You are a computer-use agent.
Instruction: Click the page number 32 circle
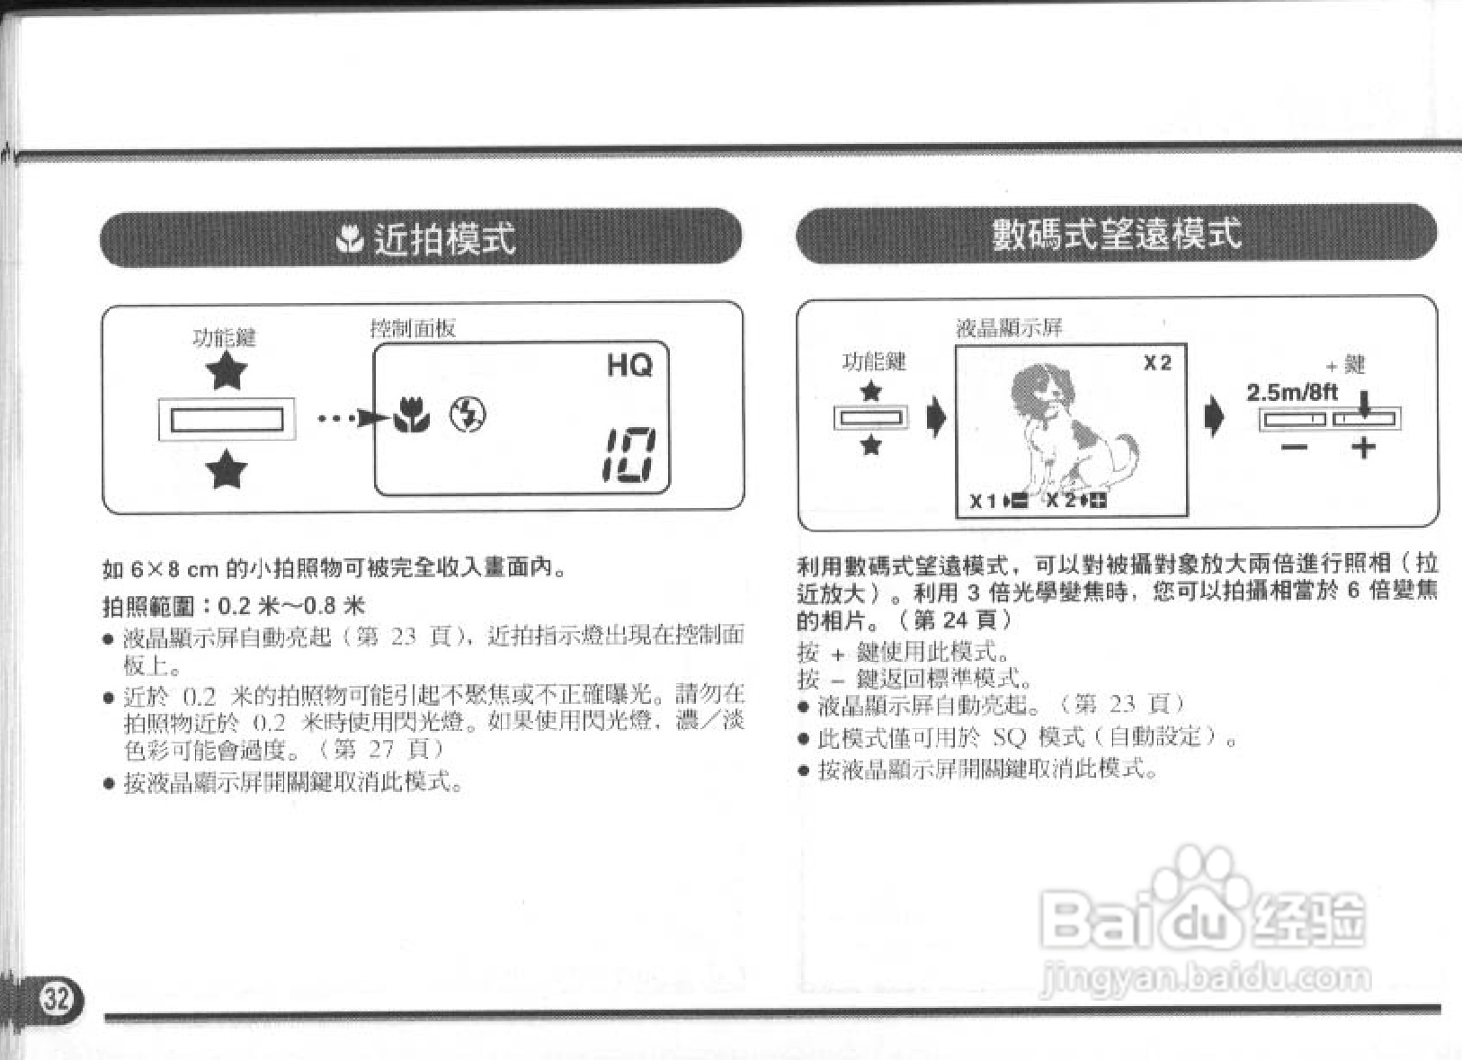tap(56, 998)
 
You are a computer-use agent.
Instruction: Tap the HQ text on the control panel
tap(629, 365)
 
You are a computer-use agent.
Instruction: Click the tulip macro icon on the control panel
tap(412, 415)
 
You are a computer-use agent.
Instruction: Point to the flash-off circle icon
tap(468, 414)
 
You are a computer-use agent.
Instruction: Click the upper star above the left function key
tap(226, 371)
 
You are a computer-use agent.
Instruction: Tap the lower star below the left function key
tap(226, 469)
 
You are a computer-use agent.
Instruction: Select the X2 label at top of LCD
tap(1157, 363)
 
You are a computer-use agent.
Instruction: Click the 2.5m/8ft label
tap(1291, 392)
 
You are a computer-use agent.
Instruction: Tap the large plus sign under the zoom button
tap(1363, 447)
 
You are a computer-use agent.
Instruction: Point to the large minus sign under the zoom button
tap(1295, 447)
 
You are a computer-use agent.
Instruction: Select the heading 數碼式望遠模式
tap(1116, 234)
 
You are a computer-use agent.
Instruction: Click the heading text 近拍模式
tap(444, 239)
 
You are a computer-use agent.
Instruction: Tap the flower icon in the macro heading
tap(349, 239)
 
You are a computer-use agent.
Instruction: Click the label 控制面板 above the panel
tap(413, 328)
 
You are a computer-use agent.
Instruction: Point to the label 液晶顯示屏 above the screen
tap(1009, 328)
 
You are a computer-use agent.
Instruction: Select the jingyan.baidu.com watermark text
tap(1205, 976)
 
